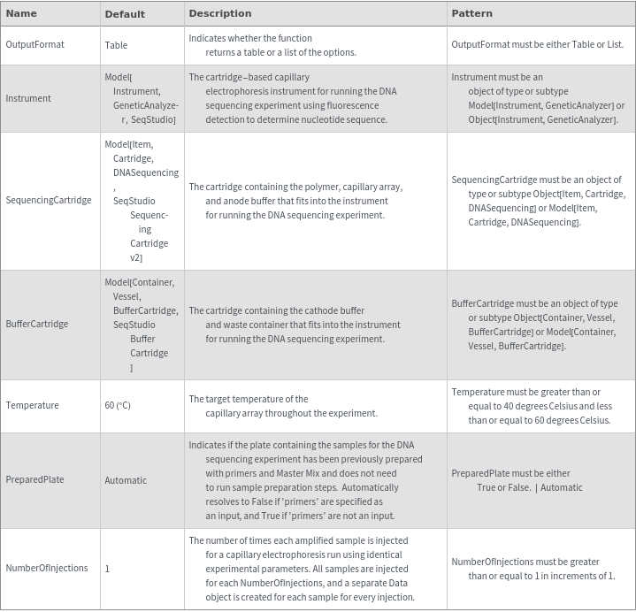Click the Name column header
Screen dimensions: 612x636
(21, 14)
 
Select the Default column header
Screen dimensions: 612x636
(125, 14)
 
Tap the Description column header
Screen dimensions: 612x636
(220, 14)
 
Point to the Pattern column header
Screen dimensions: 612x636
(471, 14)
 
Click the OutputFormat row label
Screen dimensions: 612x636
(34, 44)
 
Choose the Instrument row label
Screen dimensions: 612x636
(28, 98)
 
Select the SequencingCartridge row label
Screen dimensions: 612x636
(49, 200)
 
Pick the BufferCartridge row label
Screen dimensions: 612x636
(37, 324)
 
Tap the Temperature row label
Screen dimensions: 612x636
(32, 405)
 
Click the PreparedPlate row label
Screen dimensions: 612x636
(34, 480)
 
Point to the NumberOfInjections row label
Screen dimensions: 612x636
(47, 568)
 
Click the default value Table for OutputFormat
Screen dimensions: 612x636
(116, 44)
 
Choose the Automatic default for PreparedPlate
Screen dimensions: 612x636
(126, 480)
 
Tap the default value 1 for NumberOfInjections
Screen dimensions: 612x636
(107, 569)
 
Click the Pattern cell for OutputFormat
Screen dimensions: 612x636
(537, 44)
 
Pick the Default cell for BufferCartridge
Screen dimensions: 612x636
(141, 324)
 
